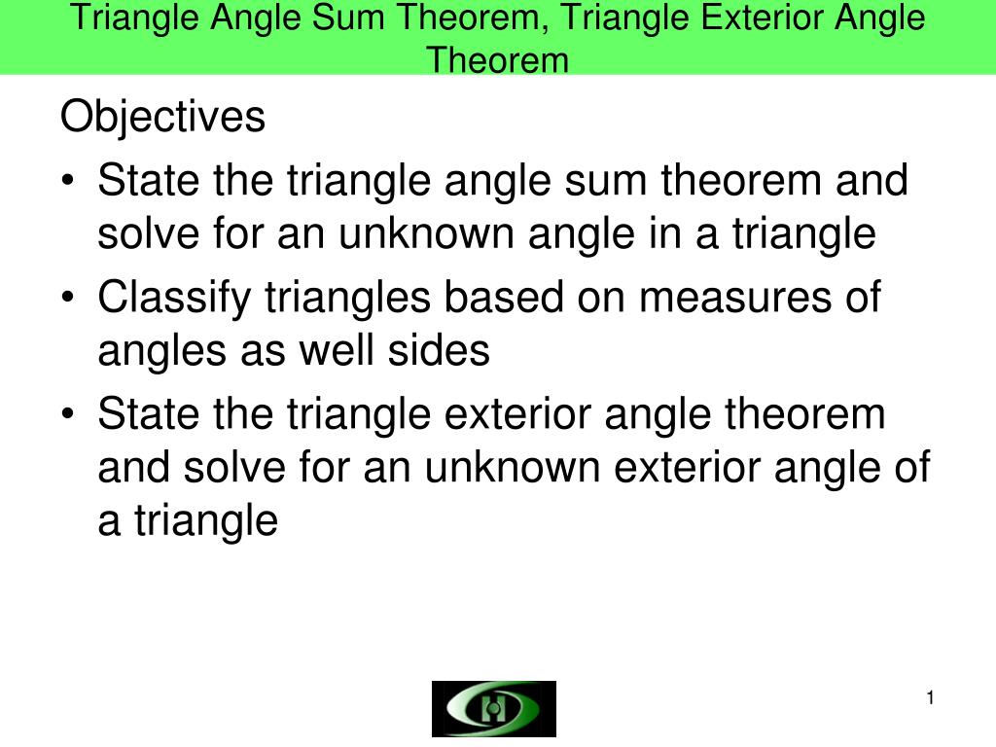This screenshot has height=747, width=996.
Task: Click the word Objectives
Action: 162,119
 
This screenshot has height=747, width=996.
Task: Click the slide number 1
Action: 930,697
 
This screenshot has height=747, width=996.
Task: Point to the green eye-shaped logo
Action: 494,708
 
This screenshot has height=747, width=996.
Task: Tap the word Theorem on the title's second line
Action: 498,60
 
